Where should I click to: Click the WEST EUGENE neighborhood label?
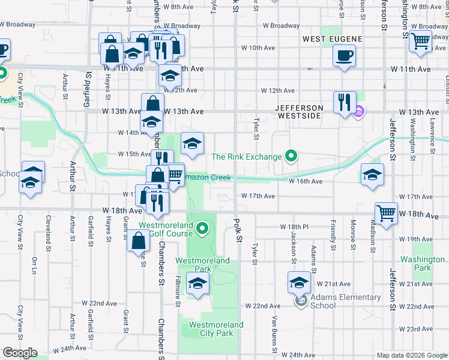pyautogui.click(x=332, y=39)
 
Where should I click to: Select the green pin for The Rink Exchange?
pyautogui.click(x=292, y=157)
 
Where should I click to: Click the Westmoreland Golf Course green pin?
pyautogui.click(x=203, y=227)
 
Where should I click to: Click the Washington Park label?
pyautogui.click(x=423, y=263)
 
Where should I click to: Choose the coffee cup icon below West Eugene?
pyautogui.click(x=345, y=57)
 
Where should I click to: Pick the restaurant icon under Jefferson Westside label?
pyautogui.click(x=345, y=102)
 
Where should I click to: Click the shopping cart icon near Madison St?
pyautogui.click(x=386, y=214)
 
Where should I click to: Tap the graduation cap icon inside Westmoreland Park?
pyautogui.click(x=197, y=283)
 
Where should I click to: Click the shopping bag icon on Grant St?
pyautogui.click(x=138, y=241)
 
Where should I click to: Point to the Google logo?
pyautogui.click(x=20, y=353)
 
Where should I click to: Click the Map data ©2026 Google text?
pyautogui.click(x=411, y=355)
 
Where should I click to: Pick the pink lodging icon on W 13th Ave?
pyautogui.click(x=359, y=111)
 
